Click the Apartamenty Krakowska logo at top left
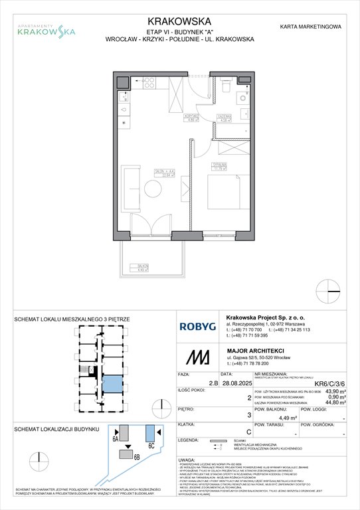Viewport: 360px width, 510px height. click(46, 29)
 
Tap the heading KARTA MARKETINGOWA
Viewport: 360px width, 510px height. click(312, 27)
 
